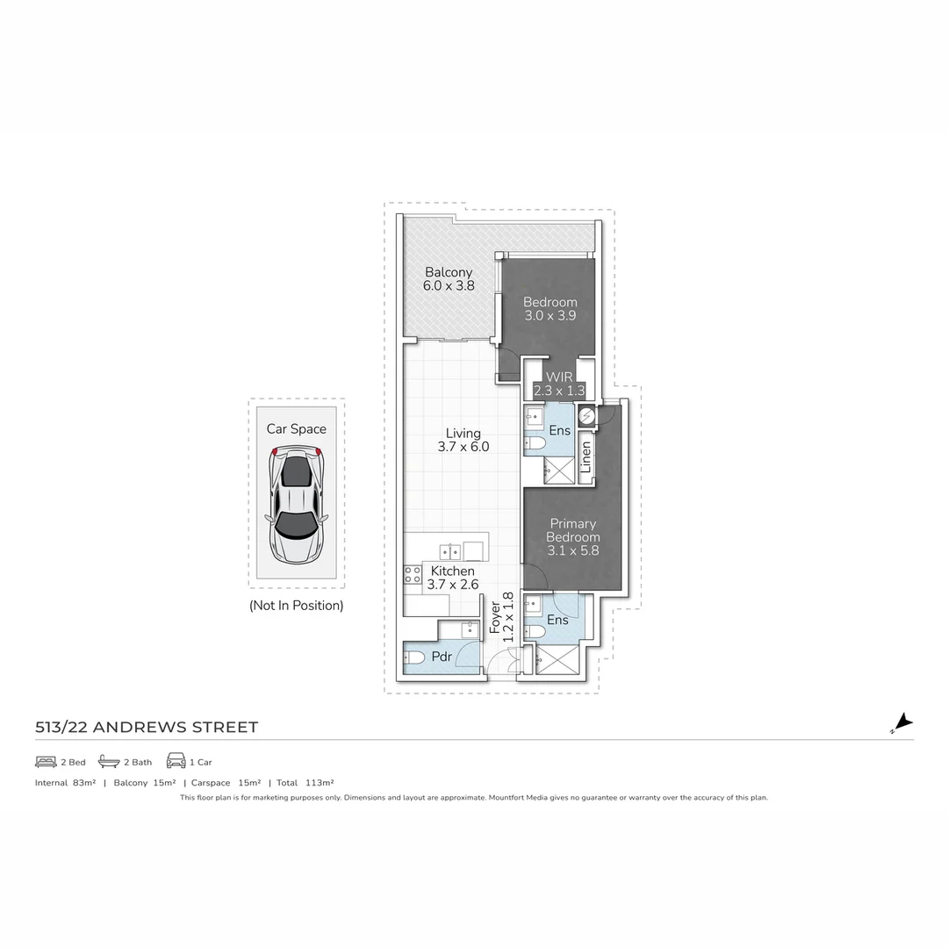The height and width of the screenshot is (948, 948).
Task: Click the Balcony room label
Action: (448, 272)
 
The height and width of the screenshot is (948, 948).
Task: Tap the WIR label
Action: (559, 377)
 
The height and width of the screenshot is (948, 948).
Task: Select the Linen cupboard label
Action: (585, 457)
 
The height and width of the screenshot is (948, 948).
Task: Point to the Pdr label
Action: (442, 657)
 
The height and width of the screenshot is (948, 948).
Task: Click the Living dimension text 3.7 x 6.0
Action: (463, 447)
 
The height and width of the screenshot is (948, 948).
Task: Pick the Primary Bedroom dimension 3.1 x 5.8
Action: (572, 550)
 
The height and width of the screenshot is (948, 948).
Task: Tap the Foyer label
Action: (495, 617)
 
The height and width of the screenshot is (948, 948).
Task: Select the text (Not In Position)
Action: (297, 605)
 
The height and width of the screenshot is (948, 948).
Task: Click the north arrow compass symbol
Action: (902, 722)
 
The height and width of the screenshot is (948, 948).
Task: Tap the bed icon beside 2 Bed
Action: (46, 762)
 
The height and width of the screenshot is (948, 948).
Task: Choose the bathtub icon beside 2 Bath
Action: (109, 761)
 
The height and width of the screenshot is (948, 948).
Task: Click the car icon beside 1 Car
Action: (176, 760)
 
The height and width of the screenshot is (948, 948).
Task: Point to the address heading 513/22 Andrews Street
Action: (147, 727)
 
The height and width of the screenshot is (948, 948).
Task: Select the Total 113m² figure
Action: (305, 783)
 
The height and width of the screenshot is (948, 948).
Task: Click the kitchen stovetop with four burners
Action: (413, 574)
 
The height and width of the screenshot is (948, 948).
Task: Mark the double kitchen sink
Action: (449, 551)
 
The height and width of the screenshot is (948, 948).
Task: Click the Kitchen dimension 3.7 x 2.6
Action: (453, 584)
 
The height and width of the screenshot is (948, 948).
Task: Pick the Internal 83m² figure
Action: (65, 783)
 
